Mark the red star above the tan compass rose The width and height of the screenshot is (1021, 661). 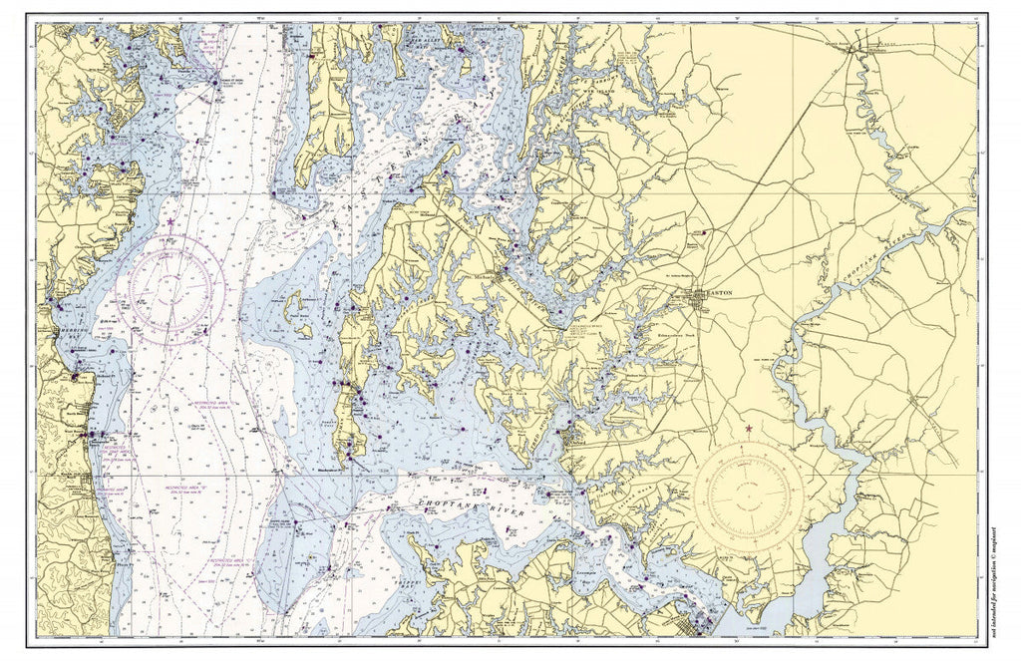[x=749, y=429]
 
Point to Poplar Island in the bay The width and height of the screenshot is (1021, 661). [x=295, y=304]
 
